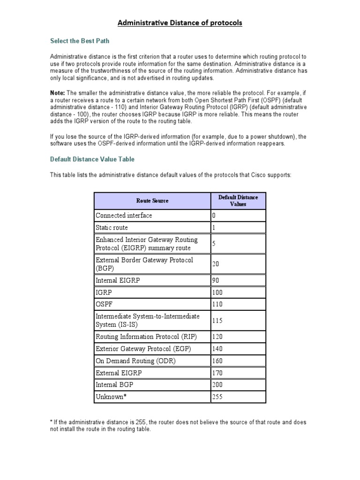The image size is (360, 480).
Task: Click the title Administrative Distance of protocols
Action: pyautogui.click(x=180, y=22)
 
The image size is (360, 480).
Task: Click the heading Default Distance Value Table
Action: pyautogui.click(x=92, y=159)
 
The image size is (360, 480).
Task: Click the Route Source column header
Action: pyautogui.click(x=152, y=201)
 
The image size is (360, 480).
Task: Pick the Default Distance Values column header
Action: pyautogui.click(x=238, y=201)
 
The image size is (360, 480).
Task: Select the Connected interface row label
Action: pyautogui.click(x=124, y=216)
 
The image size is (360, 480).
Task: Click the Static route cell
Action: pyautogui.click(x=112, y=228)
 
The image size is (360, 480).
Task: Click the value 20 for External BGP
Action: pyautogui.click(x=216, y=264)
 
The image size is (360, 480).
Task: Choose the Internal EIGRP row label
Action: pyautogui.click(x=118, y=280)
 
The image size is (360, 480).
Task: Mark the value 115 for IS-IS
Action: pyautogui.click(x=217, y=321)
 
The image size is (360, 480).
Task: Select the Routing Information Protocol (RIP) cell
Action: pyautogui.click(x=146, y=337)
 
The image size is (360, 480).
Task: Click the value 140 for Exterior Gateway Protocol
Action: pyautogui.click(x=217, y=349)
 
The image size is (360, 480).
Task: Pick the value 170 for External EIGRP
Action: pyautogui.click(x=217, y=373)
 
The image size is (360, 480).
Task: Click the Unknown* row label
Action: pyautogui.click(x=112, y=397)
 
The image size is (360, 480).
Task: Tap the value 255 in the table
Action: pyautogui.click(x=217, y=397)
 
